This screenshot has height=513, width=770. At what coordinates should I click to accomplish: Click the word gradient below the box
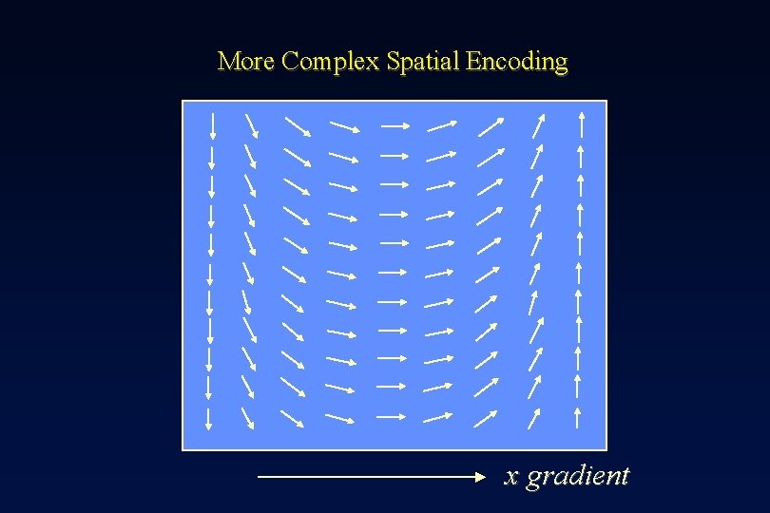[x=578, y=475]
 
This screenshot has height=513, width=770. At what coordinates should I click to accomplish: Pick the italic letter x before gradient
[x=511, y=476]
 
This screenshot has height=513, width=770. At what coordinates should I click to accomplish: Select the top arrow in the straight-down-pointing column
[x=212, y=125]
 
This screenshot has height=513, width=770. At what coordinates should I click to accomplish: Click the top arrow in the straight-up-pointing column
[x=581, y=125]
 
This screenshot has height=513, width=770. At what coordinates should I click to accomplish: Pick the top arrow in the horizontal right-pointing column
[x=395, y=125]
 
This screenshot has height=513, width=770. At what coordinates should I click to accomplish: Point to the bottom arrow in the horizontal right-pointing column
[x=393, y=416]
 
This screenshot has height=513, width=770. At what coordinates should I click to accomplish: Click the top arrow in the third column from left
[x=298, y=125]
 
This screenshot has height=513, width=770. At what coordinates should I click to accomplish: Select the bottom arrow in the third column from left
[x=293, y=416]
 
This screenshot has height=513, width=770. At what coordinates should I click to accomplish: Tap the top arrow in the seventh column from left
[x=491, y=125]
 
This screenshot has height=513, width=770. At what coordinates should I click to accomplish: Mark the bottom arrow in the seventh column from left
[x=486, y=416]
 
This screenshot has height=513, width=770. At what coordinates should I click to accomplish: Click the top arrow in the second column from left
[x=251, y=125]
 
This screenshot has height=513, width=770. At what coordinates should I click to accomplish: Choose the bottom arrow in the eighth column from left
[x=535, y=416]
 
